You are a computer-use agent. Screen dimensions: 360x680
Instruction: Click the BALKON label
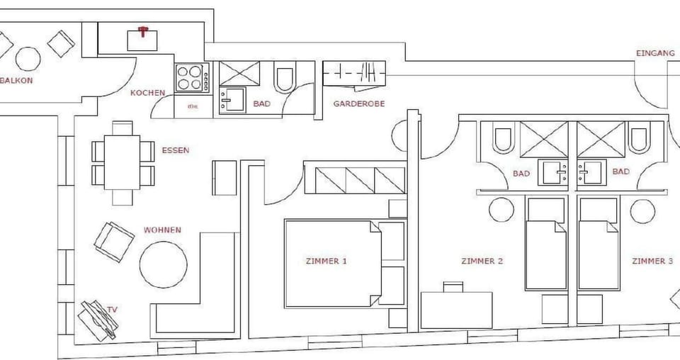pos(16,81)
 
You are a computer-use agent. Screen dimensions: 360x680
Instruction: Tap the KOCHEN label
pos(148,93)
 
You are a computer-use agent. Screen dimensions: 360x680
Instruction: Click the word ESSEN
pos(176,150)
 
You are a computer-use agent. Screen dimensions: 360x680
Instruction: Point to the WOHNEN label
pos(162,230)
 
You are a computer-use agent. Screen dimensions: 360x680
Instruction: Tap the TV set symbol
pos(98,319)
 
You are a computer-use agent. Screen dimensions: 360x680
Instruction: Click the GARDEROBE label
pos(358,103)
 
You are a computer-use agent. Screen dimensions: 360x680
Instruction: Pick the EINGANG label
pos(651,53)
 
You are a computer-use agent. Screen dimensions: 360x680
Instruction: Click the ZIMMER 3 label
pos(652,261)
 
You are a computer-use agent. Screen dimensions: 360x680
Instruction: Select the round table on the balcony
pos(28,58)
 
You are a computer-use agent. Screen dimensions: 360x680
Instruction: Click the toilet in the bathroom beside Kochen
pos(285,79)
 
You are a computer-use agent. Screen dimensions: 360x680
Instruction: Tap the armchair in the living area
pos(113,241)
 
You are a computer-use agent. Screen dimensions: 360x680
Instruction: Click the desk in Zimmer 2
pos(457,309)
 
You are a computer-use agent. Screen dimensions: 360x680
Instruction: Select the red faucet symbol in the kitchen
pos(143,31)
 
